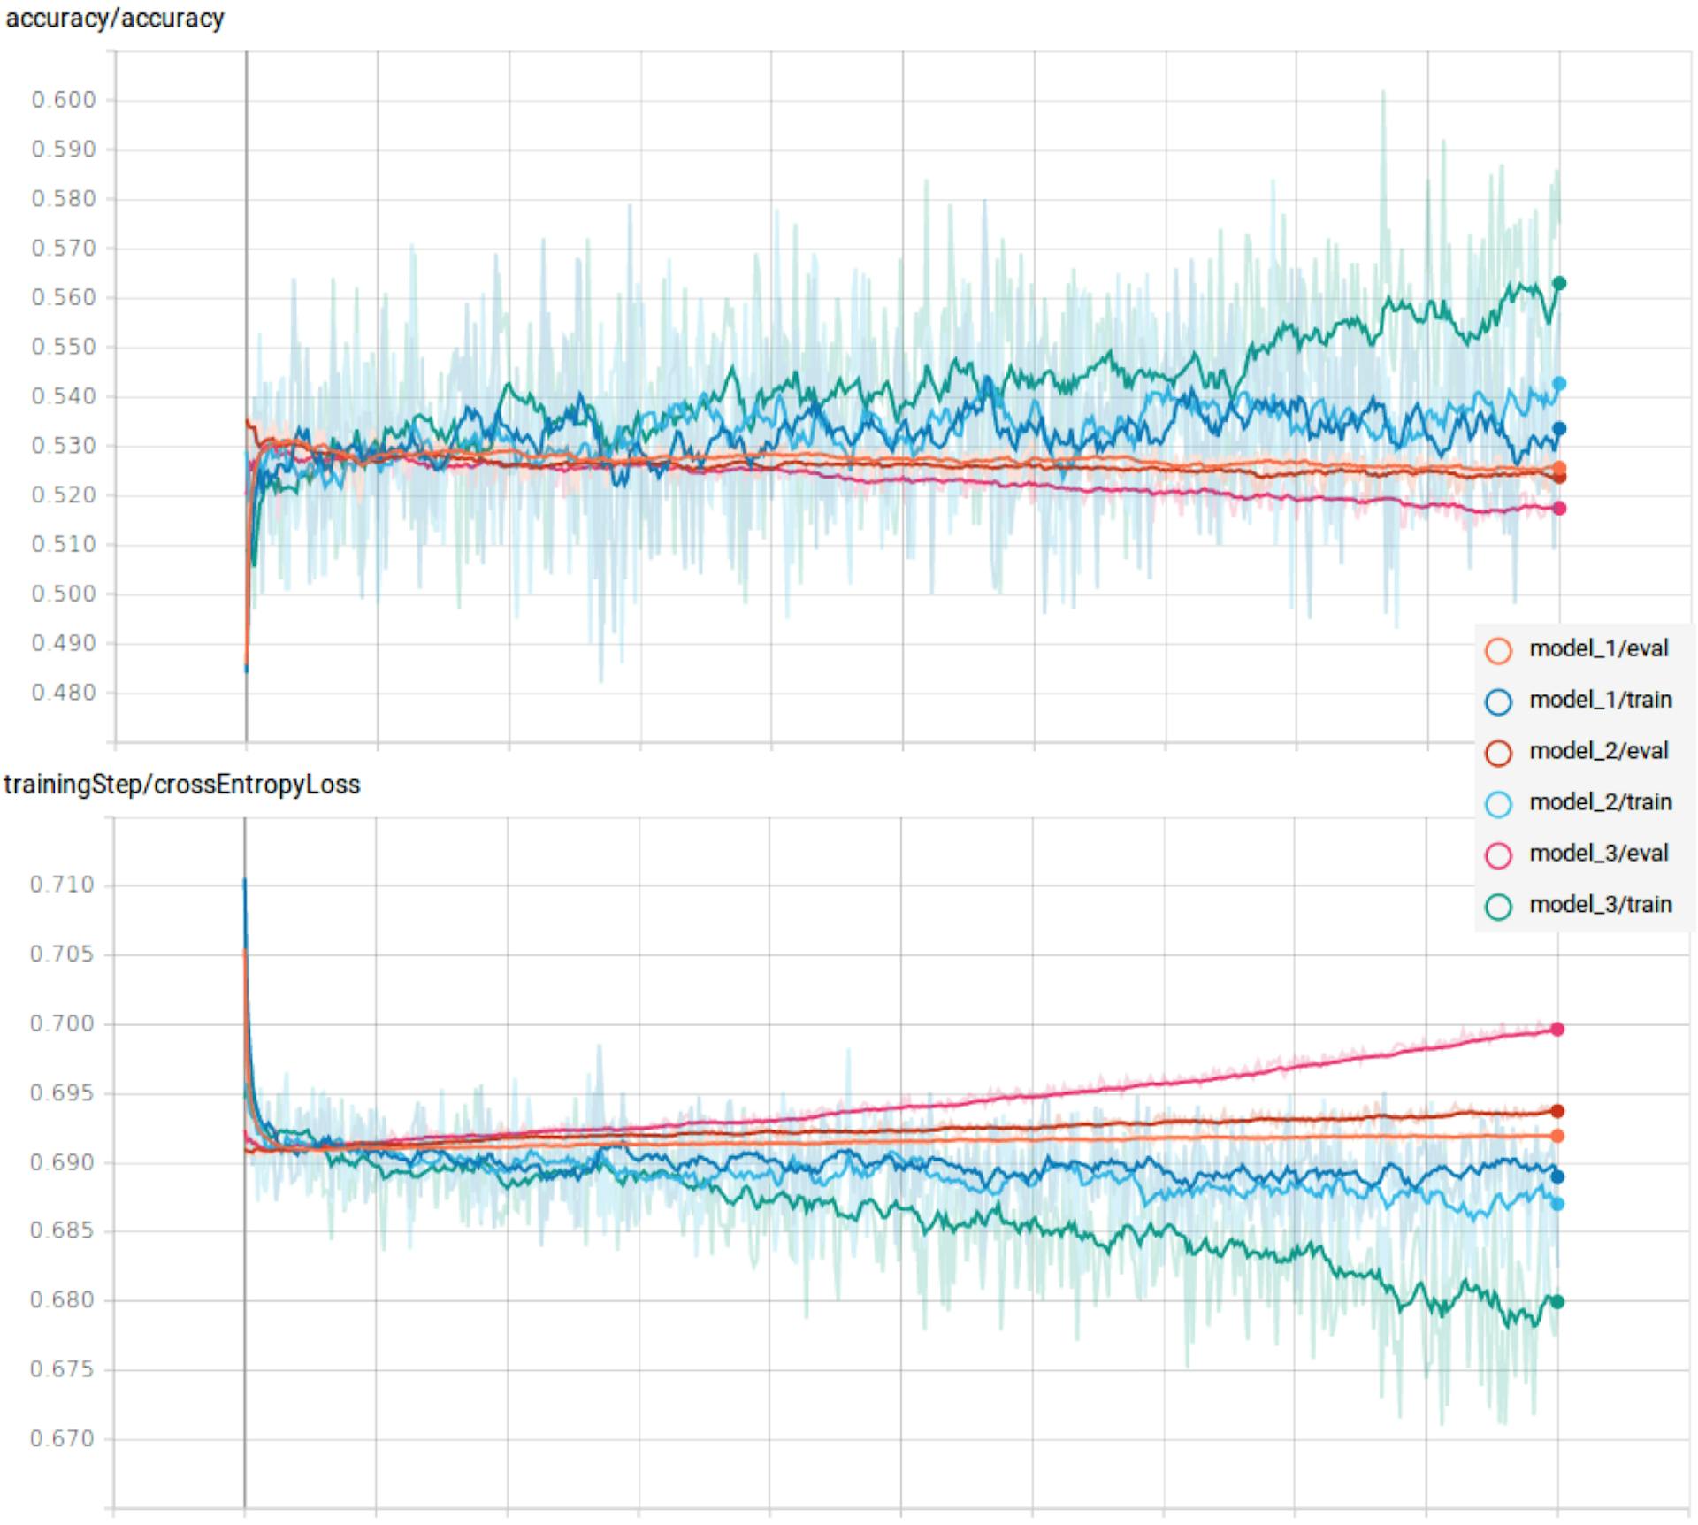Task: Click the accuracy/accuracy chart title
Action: (115, 19)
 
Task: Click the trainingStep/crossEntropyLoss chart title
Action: (182, 785)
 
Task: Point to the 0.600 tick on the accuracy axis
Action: (64, 100)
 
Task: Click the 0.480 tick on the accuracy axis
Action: (64, 693)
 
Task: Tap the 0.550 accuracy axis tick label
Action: (64, 347)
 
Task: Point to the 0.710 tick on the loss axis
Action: (62, 885)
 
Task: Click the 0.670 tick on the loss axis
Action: (62, 1439)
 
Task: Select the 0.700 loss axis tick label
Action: (62, 1023)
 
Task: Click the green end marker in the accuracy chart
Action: (1559, 283)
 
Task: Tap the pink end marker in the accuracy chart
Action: (1559, 509)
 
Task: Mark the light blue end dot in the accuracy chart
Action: (1559, 384)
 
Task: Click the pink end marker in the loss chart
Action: (1557, 1029)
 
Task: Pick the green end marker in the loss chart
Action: (1557, 1301)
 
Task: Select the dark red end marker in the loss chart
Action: (1557, 1111)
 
